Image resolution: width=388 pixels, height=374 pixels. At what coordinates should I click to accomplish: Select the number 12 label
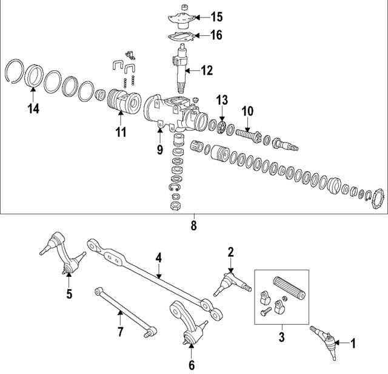[x=207, y=71]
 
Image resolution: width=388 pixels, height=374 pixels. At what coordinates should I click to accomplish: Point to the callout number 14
[x=33, y=110]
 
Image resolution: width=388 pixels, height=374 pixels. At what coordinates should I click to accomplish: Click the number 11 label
[x=121, y=132]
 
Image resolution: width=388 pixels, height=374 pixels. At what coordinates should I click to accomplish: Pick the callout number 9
[x=160, y=148]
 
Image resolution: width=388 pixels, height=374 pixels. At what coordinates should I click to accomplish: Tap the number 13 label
[x=222, y=99]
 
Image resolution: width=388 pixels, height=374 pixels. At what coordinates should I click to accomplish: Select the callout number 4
[x=158, y=258]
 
